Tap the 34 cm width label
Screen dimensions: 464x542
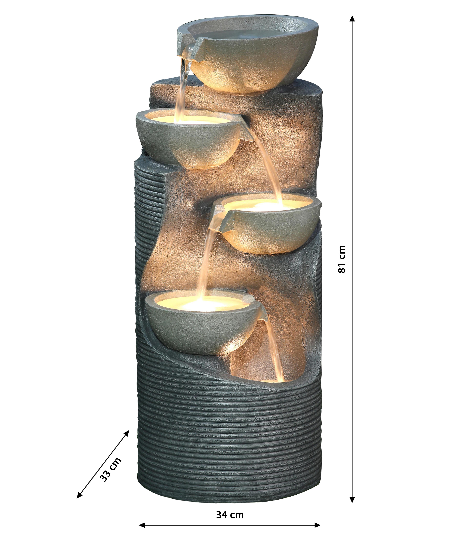230,515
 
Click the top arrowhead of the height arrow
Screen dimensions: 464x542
352,18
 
